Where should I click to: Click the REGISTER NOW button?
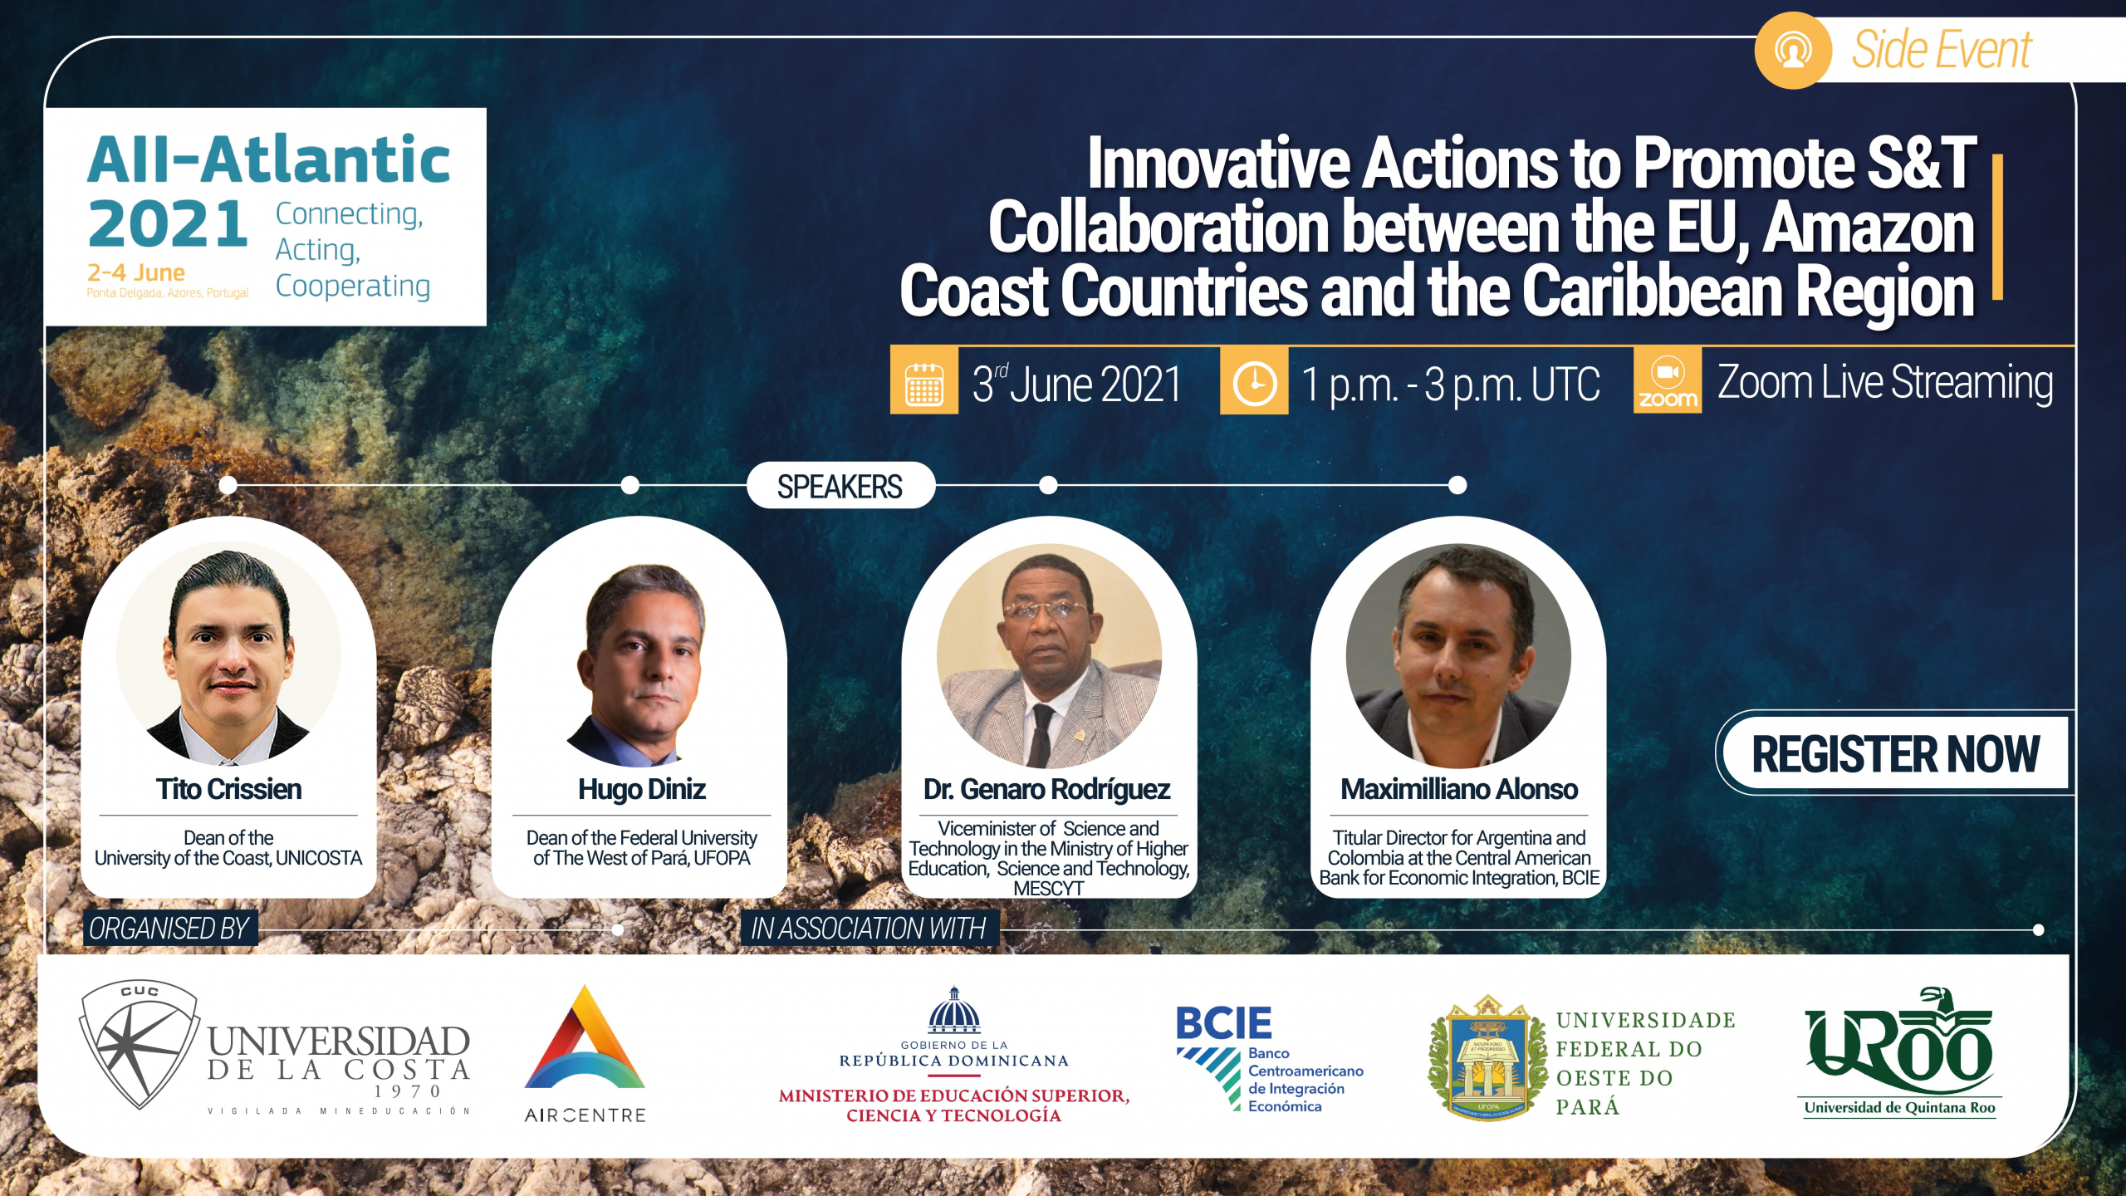click(x=1895, y=753)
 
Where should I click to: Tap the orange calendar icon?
click(x=923, y=381)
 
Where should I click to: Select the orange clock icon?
click(x=1254, y=381)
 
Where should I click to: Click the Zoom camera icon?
click(x=1667, y=381)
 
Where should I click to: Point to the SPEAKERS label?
click(x=840, y=486)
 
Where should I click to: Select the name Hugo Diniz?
click(x=642, y=789)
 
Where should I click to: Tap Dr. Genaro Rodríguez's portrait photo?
click(x=1049, y=655)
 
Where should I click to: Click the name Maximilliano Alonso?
click(x=1459, y=789)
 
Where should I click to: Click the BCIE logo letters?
click(x=1223, y=1022)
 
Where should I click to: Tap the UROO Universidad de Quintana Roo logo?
click(x=1899, y=1051)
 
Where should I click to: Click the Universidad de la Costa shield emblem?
click(x=140, y=1044)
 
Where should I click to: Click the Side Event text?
click(x=1942, y=49)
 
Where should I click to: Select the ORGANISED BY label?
click(x=169, y=929)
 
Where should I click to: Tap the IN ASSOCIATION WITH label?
click(x=869, y=929)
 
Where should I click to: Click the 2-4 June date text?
click(x=136, y=272)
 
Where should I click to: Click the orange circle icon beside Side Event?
click(x=1793, y=51)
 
